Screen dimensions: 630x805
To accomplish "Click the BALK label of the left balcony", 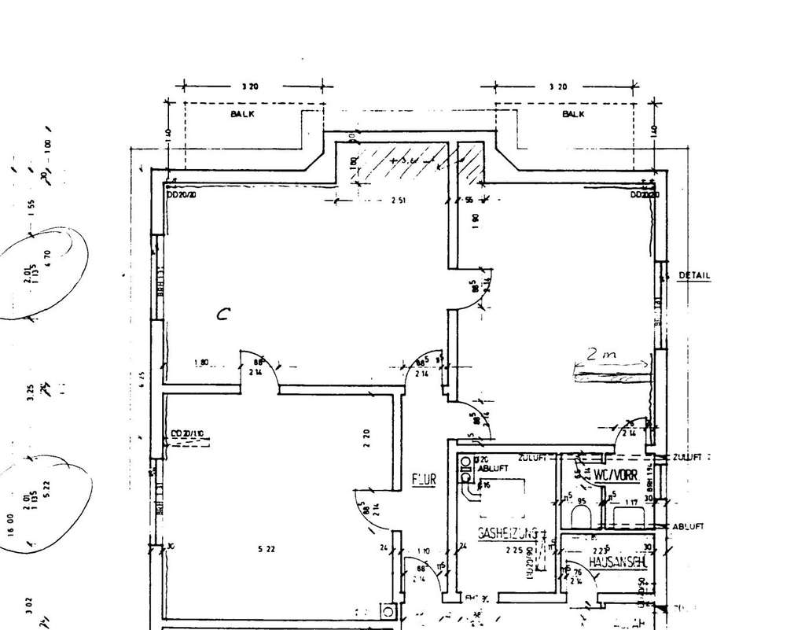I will [x=242, y=114].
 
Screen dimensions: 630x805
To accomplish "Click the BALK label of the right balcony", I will [x=573, y=114].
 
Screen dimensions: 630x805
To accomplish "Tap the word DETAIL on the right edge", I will [x=694, y=276].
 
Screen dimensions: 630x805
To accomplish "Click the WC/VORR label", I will [x=615, y=476].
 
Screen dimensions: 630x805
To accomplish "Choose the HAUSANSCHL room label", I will [x=616, y=563].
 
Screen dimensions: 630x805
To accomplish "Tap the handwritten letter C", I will [x=223, y=315].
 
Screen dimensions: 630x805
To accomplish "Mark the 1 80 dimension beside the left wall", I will [x=202, y=363].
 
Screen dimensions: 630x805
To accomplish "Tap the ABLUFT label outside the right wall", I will [x=688, y=526].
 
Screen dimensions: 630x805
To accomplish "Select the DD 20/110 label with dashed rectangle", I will [x=186, y=433].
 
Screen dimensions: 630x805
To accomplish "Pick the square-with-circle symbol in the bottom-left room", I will [x=387, y=610].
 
